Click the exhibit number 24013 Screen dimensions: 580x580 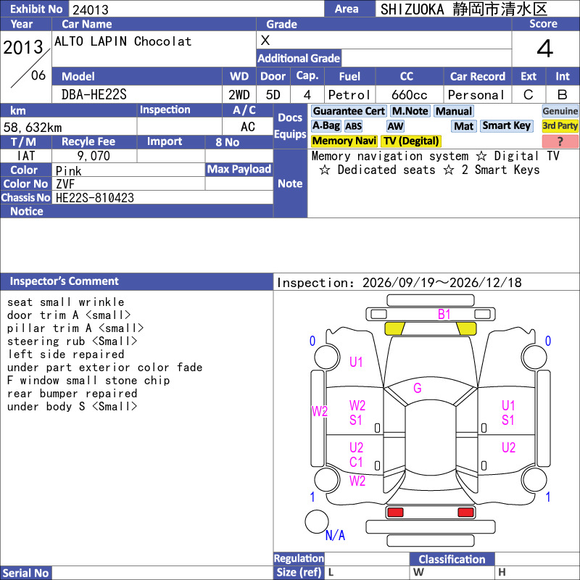[x=90, y=9]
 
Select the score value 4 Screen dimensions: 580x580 [x=545, y=49]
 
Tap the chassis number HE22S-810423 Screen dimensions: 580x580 [x=95, y=198]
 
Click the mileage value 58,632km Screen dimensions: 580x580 [x=33, y=128]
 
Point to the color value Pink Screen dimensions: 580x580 [x=68, y=171]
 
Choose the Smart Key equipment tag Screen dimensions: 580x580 [x=506, y=125]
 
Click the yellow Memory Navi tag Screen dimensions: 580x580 [x=344, y=141]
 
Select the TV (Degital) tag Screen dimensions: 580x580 [x=411, y=141]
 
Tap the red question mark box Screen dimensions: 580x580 [x=560, y=141]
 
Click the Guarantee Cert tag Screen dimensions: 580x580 [x=349, y=111]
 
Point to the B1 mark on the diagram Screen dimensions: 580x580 [x=444, y=315]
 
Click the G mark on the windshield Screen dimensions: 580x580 [x=418, y=388]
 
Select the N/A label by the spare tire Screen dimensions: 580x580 [x=335, y=535]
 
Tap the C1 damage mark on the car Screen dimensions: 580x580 [x=356, y=462]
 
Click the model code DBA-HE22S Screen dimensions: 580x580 [x=94, y=95]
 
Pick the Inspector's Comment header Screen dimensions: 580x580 [x=64, y=281]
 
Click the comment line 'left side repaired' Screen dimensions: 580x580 [x=66, y=355]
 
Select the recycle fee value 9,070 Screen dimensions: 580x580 [x=94, y=156]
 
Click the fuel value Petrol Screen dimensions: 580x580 [x=349, y=95]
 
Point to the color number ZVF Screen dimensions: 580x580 [x=65, y=184]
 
